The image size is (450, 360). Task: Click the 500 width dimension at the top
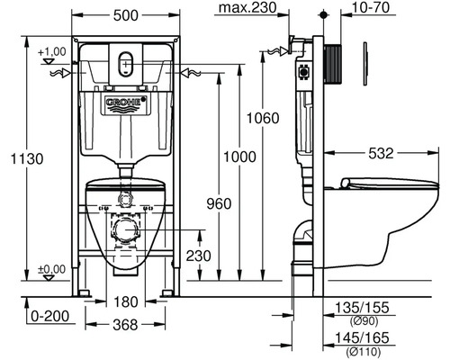126,15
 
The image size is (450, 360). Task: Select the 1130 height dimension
27,158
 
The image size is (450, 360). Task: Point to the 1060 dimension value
263,118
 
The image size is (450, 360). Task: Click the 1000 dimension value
240,157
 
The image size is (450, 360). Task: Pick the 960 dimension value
219,203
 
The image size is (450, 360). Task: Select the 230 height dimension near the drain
199,256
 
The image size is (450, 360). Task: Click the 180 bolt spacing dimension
126,301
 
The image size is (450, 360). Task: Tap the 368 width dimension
125,325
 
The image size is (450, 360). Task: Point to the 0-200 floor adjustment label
50,316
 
